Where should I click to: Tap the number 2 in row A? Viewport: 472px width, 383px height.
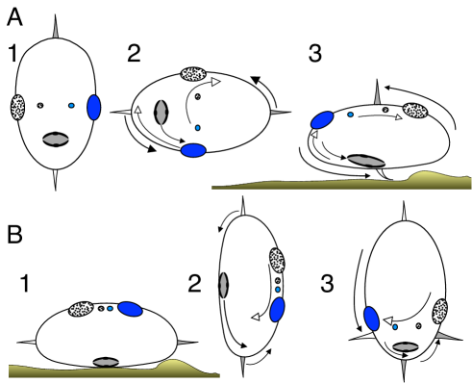(134, 53)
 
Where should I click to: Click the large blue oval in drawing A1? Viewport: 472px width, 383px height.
(94, 107)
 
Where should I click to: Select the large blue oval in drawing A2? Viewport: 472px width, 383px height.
(194, 150)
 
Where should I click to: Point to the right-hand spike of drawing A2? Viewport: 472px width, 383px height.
(280, 114)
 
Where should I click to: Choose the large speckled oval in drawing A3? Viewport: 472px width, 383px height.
(415, 112)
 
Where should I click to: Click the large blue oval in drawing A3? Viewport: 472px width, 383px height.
(321, 119)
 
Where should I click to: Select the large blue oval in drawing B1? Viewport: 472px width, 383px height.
(129, 309)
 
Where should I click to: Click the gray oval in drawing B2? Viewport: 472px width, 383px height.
(224, 283)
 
